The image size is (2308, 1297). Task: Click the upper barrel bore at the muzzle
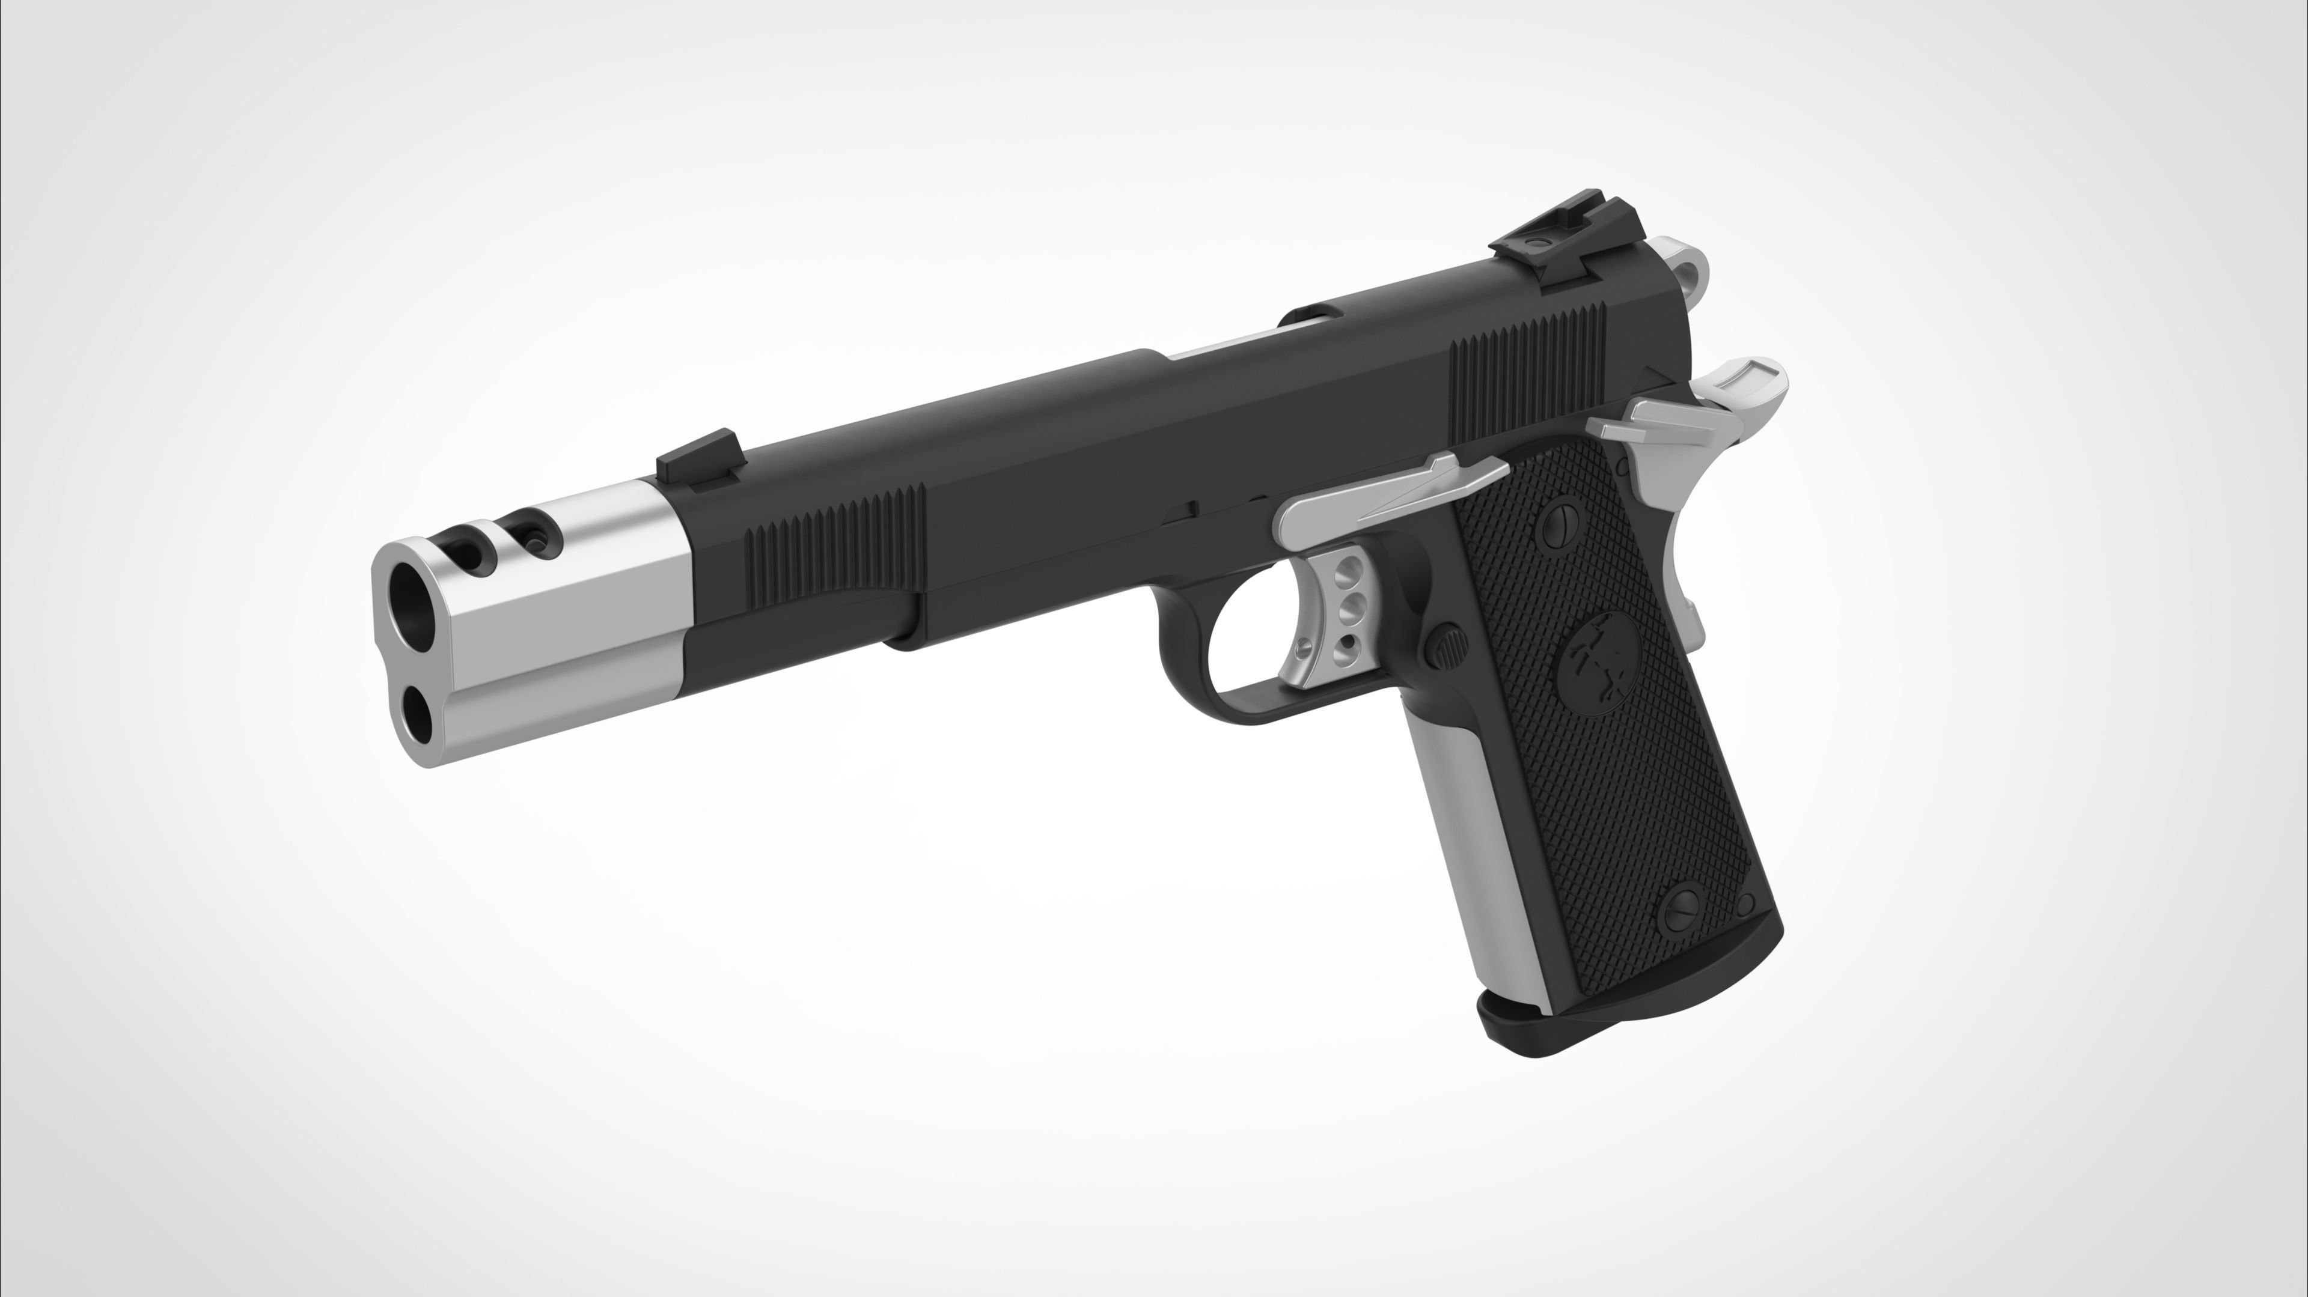(x=411, y=603)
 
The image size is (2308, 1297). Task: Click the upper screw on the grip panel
(x=1561, y=524)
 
